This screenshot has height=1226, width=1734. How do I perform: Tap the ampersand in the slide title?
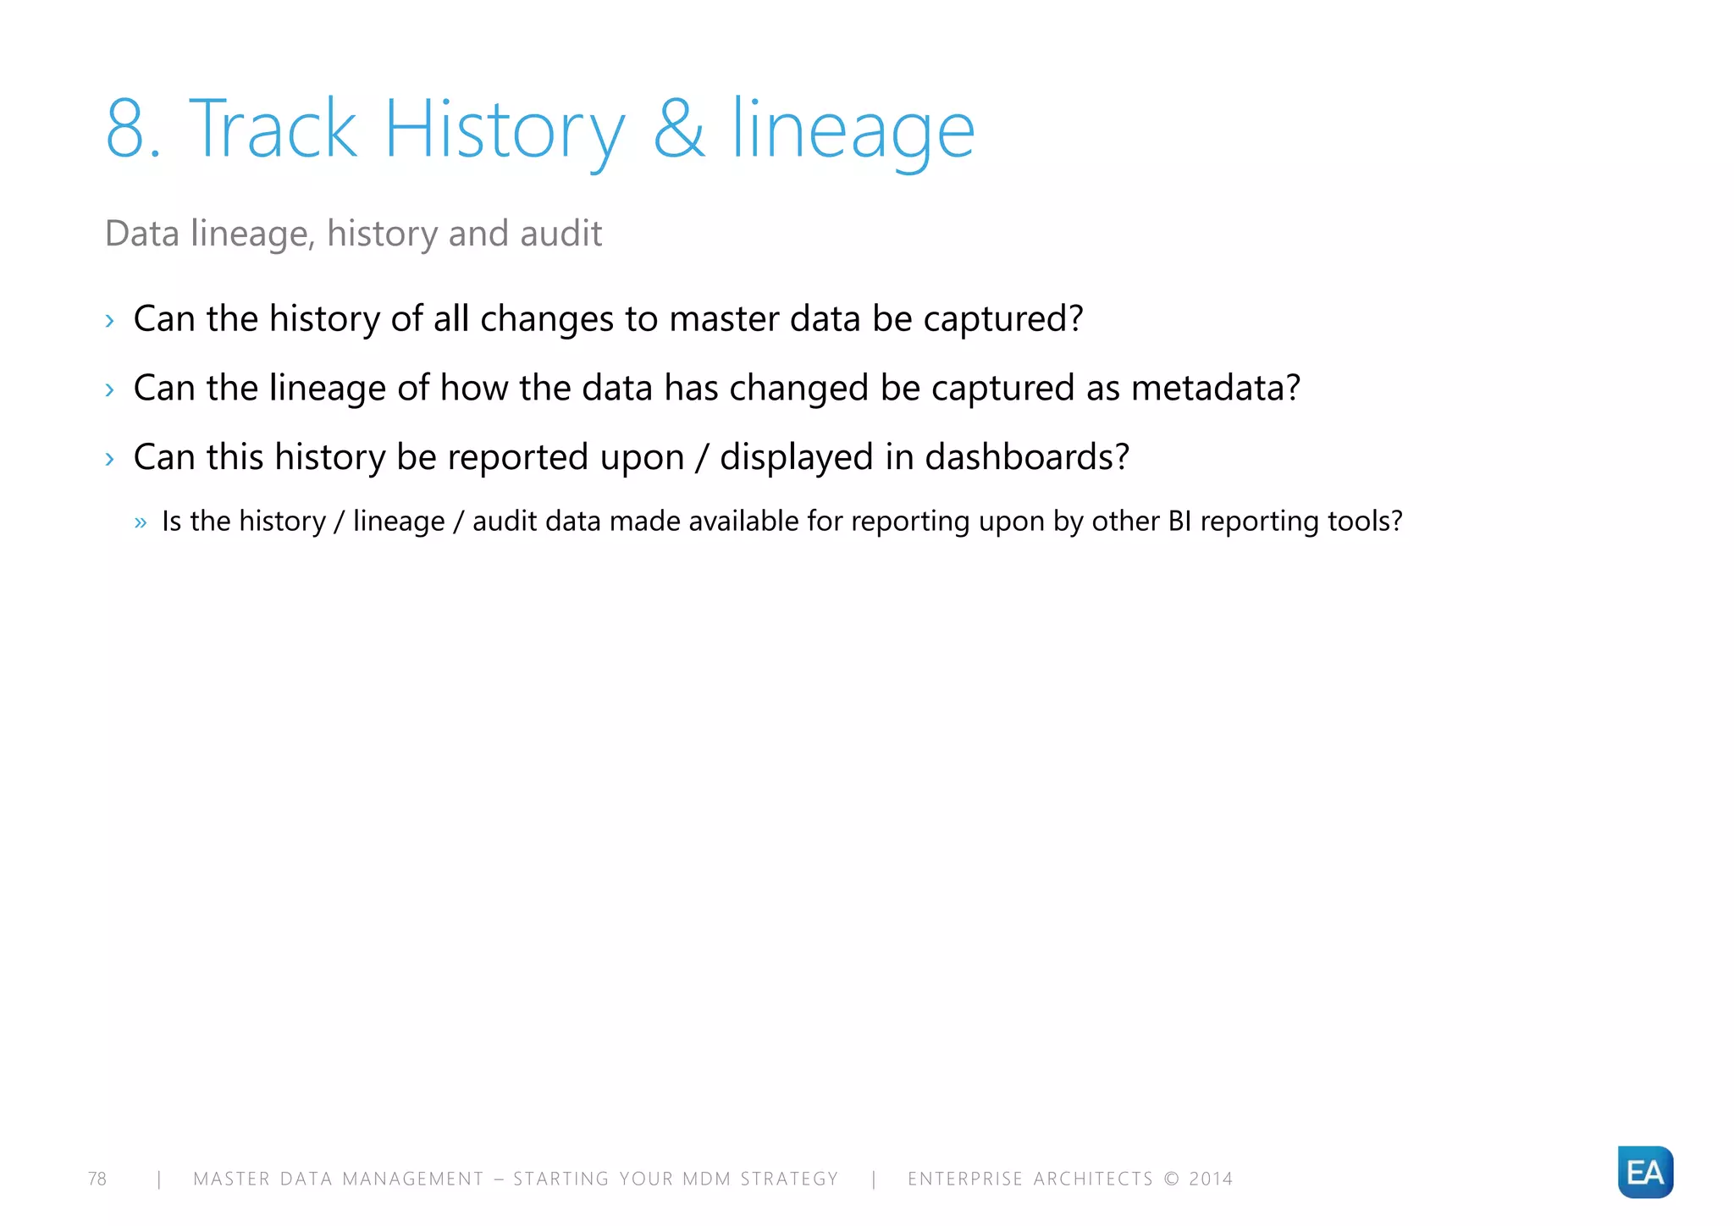click(679, 130)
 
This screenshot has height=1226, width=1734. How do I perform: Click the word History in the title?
click(505, 130)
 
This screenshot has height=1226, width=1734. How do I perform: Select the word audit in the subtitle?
click(561, 234)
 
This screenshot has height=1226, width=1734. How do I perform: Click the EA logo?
click(1644, 1172)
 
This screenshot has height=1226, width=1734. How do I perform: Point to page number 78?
click(97, 1179)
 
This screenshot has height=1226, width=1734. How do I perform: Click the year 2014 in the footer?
click(1211, 1179)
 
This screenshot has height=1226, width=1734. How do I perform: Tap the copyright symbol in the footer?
click(1171, 1179)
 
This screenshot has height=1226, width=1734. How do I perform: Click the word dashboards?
click(1027, 457)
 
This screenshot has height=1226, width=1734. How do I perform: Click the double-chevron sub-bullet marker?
click(141, 522)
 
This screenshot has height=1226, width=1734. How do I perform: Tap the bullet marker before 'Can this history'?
click(109, 459)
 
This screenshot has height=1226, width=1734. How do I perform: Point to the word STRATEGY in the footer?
click(789, 1179)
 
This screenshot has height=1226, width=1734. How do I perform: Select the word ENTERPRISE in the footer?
click(965, 1179)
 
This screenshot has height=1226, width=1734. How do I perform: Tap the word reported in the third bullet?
click(517, 457)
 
